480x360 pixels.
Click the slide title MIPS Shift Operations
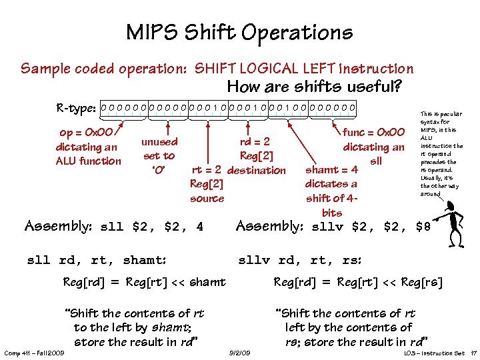[239, 32]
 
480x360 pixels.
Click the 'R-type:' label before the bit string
[77, 107]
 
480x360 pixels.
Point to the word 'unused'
[159, 141]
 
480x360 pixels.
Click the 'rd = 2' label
[255, 141]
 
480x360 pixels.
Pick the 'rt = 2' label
[207, 170]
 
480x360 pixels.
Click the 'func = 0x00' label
[374, 133]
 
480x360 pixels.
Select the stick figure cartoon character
[451, 217]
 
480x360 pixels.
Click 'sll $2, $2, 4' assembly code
[151, 227]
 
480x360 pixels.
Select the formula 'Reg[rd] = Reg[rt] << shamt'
[144, 282]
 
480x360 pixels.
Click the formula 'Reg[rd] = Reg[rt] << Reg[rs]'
[359, 282]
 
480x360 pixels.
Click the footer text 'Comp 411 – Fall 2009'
[33, 352]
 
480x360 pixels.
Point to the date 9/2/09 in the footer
[239, 352]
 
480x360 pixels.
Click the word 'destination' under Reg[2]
[256, 170]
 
